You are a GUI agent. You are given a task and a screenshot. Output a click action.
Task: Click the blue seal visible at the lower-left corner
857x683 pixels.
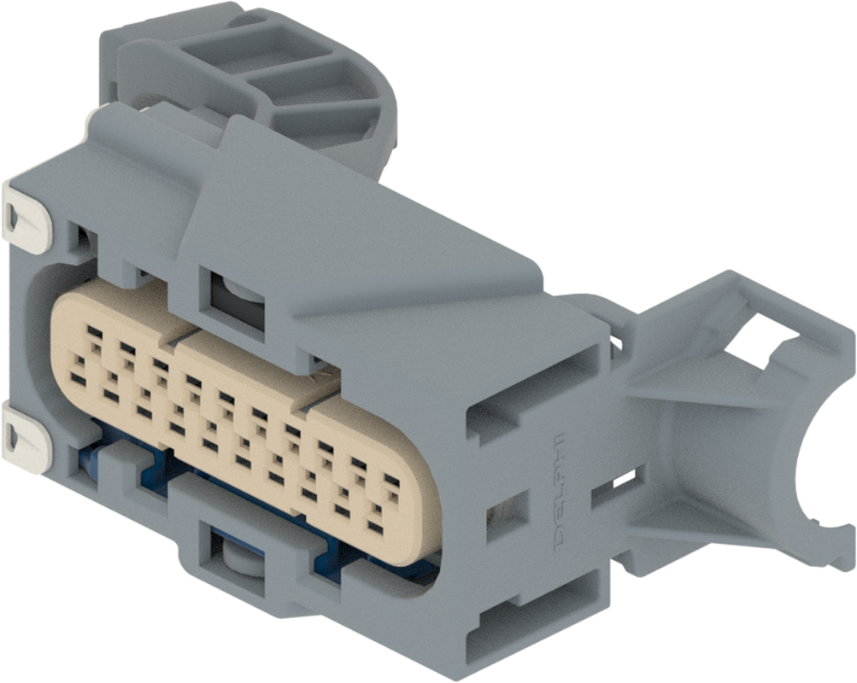pyautogui.click(x=90, y=461)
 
